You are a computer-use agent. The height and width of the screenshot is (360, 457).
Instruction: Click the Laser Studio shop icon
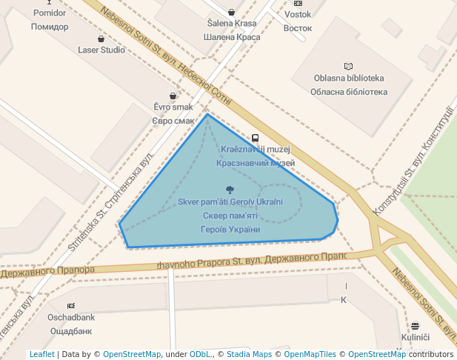pyautogui.click(x=101, y=39)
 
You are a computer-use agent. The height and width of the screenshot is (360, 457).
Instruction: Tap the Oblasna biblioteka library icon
pyautogui.click(x=349, y=67)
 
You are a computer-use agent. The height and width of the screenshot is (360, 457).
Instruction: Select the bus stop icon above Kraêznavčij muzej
pyautogui.click(x=256, y=138)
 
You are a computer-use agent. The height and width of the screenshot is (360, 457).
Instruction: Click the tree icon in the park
pyautogui.click(x=230, y=190)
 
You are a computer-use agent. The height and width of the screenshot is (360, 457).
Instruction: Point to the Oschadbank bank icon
pyautogui.click(x=71, y=306)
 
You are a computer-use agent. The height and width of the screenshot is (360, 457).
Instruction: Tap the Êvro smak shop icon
pyautogui.click(x=173, y=96)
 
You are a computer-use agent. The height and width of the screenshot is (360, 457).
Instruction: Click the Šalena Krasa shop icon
pyautogui.click(x=232, y=12)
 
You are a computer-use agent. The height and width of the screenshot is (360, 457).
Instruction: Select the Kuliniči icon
pyautogui.click(x=415, y=326)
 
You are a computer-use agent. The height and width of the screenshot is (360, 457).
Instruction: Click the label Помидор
pyautogui.click(x=50, y=27)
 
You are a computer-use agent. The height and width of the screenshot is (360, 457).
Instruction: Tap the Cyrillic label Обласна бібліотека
pyautogui.click(x=349, y=92)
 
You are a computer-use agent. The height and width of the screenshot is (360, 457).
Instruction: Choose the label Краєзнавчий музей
pyautogui.click(x=256, y=162)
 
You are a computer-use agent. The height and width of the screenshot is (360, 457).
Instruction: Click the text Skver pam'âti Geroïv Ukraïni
pyautogui.click(x=230, y=202)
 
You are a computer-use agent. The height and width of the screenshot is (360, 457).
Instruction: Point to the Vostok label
pyautogui.click(x=298, y=14)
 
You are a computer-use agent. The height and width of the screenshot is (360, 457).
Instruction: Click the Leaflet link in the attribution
pyautogui.click(x=42, y=354)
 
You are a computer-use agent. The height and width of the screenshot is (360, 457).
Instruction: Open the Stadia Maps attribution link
pyautogui.click(x=241, y=354)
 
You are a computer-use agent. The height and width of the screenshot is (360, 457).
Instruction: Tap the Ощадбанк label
pyautogui.click(x=71, y=330)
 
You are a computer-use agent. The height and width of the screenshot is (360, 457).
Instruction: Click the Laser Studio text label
pyautogui.click(x=101, y=50)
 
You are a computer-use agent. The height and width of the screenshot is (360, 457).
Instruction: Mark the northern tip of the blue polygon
pyautogui.click(x=207, y=114)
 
